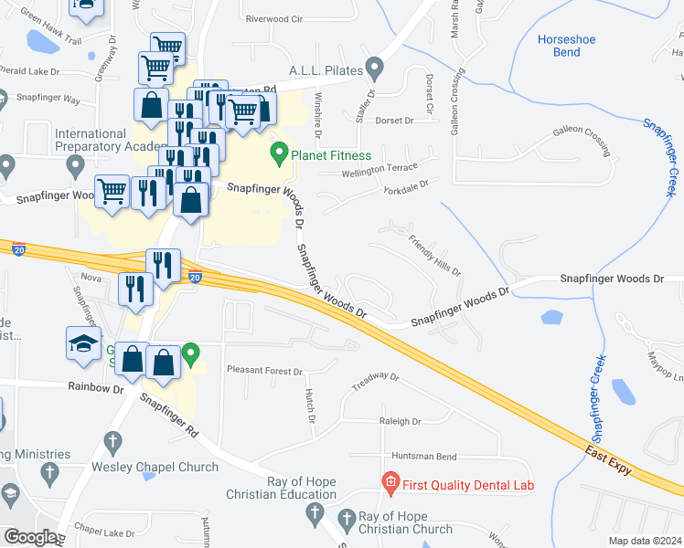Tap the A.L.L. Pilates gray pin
[x=373, y=68]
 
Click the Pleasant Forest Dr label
[x=264, y=372]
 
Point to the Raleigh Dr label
[x=399, y=421]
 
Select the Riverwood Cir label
[x=273, y=18]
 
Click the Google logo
[x=30, y=537]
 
